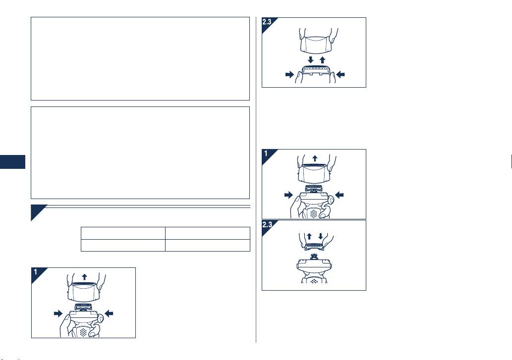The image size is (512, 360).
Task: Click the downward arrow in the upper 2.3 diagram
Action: (x=311, y=60)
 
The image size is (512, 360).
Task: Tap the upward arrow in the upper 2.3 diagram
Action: (x=323, y=60)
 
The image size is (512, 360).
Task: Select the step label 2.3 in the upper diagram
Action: (x=267, y=22)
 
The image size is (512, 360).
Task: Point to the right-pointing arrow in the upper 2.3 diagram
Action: (x=289, y=75)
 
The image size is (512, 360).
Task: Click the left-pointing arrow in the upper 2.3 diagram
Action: (x=340, y=75)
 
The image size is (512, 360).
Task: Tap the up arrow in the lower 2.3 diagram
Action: (x=309, y=236)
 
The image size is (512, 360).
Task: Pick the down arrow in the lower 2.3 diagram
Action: (x=321, y=236)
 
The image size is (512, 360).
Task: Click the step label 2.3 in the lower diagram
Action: (x=267, y=225)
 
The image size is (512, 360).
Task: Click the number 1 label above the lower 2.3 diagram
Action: (x=266, y=154)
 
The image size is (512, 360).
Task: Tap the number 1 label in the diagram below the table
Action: (x=36, y=272)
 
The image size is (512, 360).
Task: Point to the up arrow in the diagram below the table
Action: (x=85, y=277)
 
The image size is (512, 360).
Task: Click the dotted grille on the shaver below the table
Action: (x=84, y=332)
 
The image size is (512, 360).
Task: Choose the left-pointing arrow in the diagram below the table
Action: (x=109, y=313)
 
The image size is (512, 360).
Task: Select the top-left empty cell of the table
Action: (x=123, y=233)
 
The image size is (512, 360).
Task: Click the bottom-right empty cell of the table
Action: (x=208, y=246)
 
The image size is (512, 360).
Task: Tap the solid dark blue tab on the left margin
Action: (x=12, y=162)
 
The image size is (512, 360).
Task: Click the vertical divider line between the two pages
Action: (x=256, y=180)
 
